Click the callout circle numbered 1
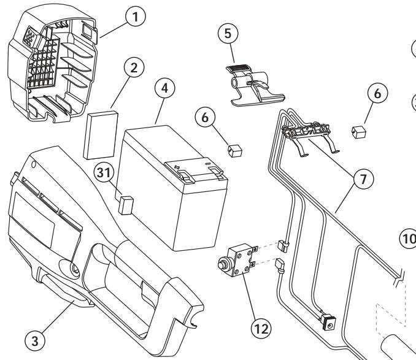click(136, 17)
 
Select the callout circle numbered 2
click(134, 67)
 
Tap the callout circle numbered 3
click(35, 340)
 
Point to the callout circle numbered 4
click(164, 88)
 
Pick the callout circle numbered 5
click(228, 33)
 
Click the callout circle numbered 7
click(363, 178)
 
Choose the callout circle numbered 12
click(261, 329)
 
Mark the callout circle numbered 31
click(104, 172)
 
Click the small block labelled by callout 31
click(126, 205)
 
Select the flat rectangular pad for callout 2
click(101, 135)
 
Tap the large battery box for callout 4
click(174, 188)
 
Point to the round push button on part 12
click(221, 265)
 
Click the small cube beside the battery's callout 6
click(235, 151)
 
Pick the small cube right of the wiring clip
click(359, 132)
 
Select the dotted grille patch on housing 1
click(29, 37)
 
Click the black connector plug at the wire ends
click(328, 322)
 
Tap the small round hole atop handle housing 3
click(33, 164)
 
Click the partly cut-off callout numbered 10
click(408, 239)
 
